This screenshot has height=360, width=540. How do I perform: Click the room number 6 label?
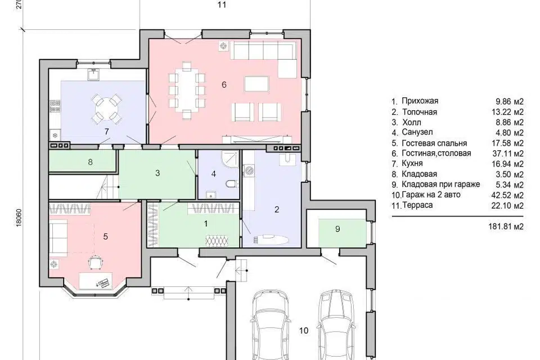click(224, 84)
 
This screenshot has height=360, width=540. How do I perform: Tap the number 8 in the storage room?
click(90, 161)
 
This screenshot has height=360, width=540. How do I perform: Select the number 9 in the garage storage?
click(337, 229)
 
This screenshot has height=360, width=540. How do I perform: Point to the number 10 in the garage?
click(303, 331)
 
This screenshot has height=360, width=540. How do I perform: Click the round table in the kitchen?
click(106, 108)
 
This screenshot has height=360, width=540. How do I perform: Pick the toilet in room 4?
click(231, 183)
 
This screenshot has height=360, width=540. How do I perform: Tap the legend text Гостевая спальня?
click(434, 143)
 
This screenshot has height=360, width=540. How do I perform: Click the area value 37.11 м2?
click(507, 154)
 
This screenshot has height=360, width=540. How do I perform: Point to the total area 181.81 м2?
click(506, 226)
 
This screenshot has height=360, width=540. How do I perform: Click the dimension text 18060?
click(19, 217)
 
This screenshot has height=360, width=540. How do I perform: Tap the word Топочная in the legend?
click(420, 112)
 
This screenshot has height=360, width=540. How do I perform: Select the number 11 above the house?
click(222, 4)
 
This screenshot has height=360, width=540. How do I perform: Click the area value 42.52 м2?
click(507, 195)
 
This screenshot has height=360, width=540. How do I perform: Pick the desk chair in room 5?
click(95, 262)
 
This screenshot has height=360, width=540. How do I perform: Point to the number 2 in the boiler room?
click(277, 209)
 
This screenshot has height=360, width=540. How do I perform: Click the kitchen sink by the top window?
click(93, 74)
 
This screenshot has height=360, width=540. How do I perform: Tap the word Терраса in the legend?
click(417, 205)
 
